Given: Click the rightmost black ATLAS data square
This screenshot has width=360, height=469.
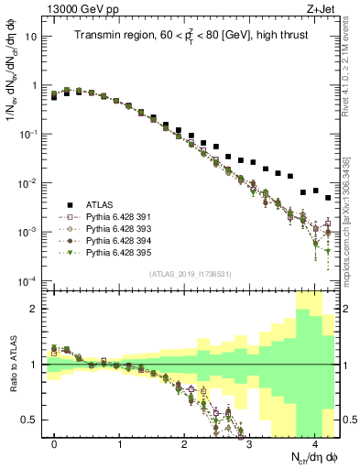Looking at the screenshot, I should tap(328, 198).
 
